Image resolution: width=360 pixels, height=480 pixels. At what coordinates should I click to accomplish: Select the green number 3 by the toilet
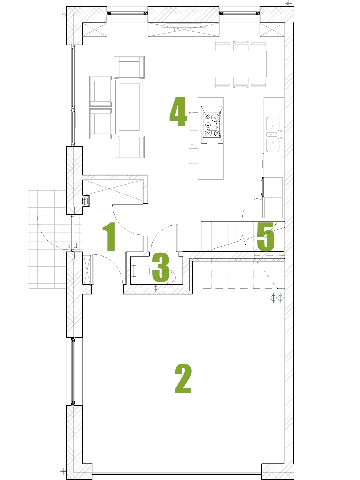point(161,267)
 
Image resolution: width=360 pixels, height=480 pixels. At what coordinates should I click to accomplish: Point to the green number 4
point(178,112)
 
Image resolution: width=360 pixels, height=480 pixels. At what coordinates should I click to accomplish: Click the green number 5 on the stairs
point(266,236)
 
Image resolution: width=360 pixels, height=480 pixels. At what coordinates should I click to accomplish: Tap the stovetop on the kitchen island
point(212,125)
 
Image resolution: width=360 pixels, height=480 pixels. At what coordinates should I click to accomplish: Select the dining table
point(241,64)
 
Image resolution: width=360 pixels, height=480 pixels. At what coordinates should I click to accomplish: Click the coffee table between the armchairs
point(129,107)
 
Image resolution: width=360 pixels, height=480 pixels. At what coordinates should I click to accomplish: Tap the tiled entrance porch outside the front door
point(47,239)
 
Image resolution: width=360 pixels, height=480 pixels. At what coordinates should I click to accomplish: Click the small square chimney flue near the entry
point(85,201)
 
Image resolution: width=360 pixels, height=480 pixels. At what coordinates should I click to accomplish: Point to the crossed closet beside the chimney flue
point(112,190)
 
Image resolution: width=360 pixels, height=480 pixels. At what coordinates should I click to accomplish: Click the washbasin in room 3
point(168,277)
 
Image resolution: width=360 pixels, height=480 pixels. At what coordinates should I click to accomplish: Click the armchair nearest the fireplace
point(129,67)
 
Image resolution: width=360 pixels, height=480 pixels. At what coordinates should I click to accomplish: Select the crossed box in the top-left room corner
point(94,29)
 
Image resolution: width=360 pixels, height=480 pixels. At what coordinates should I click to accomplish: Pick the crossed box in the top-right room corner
point(272,29)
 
